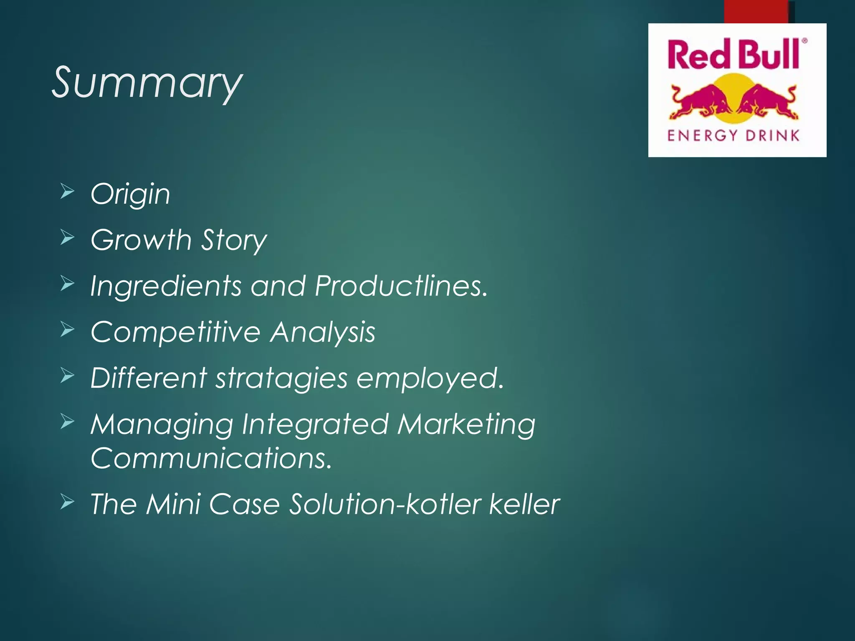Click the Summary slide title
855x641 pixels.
coord(147,83)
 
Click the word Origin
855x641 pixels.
coord(130,194)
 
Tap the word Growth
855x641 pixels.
coord(141,240)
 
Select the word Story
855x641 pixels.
coord(234,241)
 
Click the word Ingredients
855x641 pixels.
coord(166,287)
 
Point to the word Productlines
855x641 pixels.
coord(401,286)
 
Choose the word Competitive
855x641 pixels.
coord(175,332)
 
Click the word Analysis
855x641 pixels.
coord(323,333)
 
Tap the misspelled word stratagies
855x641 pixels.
coord(281,378)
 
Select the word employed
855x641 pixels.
coord(430,378)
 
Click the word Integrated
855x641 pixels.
coord(315,424)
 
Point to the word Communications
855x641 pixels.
coord(211,458)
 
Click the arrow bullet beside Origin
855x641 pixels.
coord(67,192)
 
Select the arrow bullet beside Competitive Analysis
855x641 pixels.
coord(67,330)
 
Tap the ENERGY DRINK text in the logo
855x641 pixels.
coord(733,136)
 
